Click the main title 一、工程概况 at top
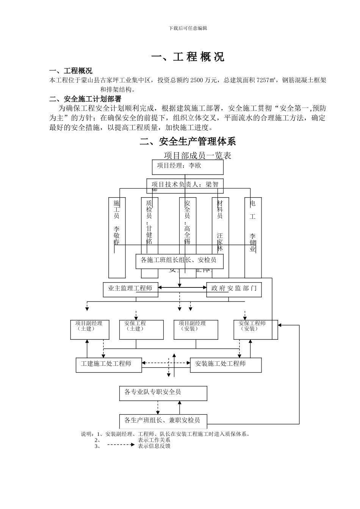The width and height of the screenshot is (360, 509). [x=188, y=57]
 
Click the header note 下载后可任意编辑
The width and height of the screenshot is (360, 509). [x=188, y=28]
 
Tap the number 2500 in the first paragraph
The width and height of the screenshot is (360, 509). [x=197, y=80]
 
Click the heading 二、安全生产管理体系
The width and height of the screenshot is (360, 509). [x=188, y=142]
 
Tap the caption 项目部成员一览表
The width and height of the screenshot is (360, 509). [x=197, y=155]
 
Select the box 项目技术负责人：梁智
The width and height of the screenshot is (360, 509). [x=185, y=185]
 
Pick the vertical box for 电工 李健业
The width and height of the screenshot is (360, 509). [x=253, y=237]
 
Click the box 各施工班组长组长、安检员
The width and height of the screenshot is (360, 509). [x=179, y=261]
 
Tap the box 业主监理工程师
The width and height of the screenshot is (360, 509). [x=130, y=289]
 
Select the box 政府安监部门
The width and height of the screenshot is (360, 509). [x=234, y=289]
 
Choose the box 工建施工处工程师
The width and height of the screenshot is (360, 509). [x=109, y=364]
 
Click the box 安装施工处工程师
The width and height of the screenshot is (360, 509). [x=225, y=364]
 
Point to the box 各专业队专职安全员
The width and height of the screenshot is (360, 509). [x=163, y=393]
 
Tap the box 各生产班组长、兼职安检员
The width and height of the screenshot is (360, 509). [x=162, y=421]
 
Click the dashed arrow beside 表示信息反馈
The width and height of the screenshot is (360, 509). [x=121, y=446]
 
